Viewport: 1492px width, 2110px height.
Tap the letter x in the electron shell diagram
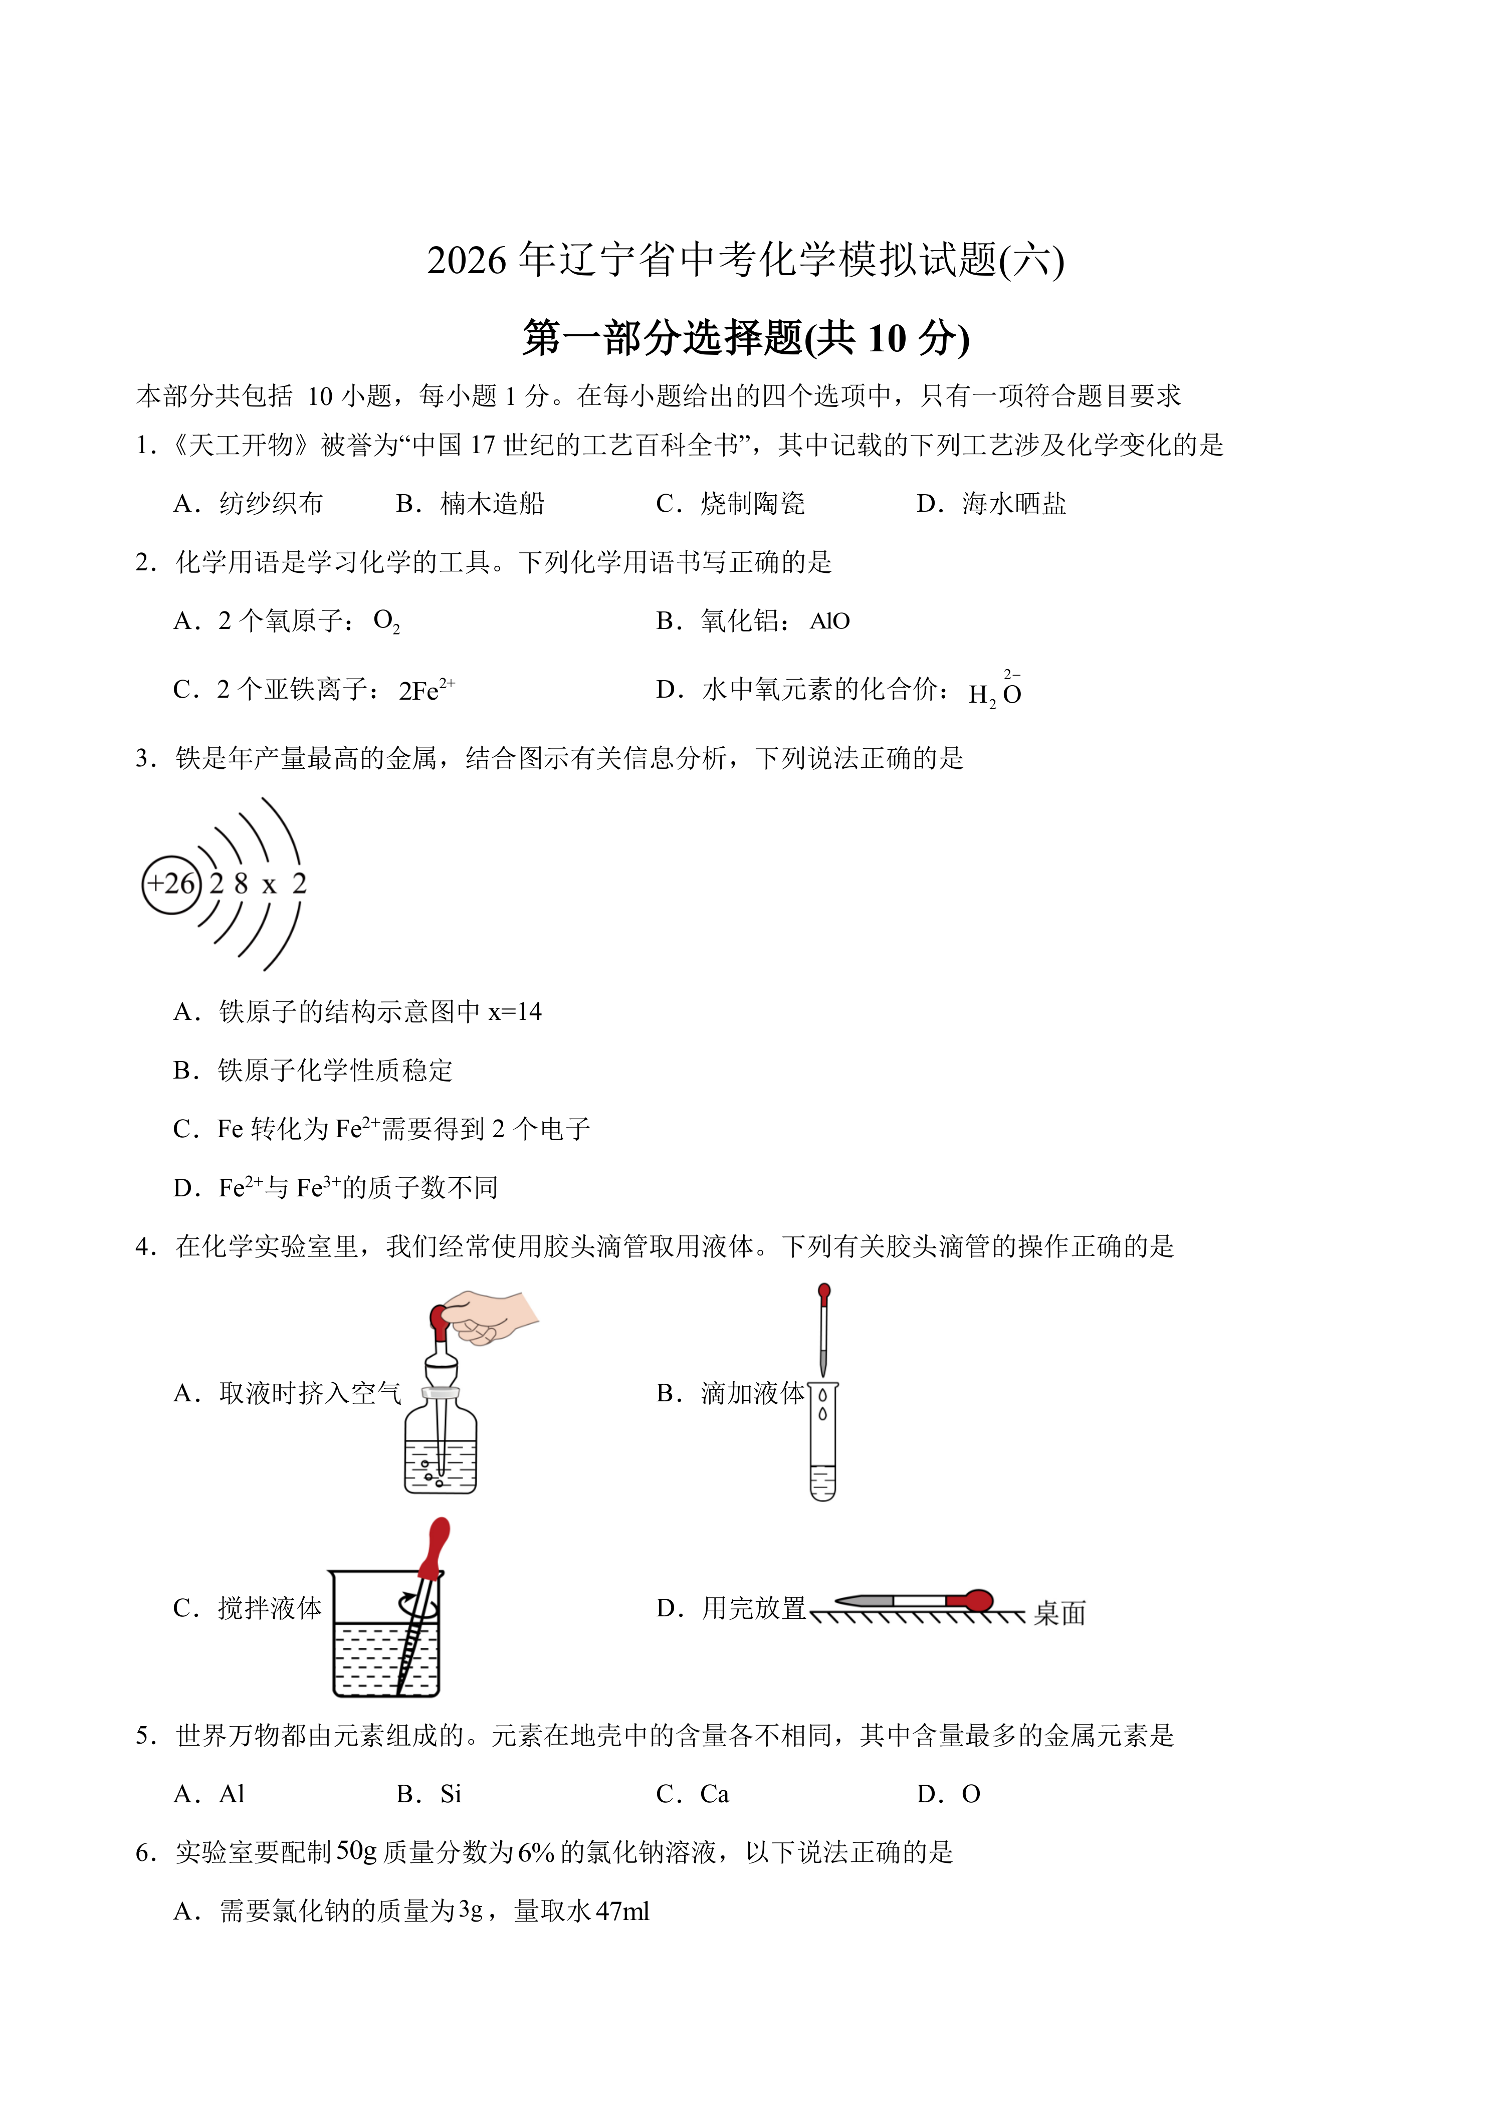[x=269, y=885]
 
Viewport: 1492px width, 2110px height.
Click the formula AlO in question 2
[x=829, y=621]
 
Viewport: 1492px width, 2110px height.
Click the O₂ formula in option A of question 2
[x=386, y=621]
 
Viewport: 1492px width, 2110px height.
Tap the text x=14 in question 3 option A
[x=515, y=1012]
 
